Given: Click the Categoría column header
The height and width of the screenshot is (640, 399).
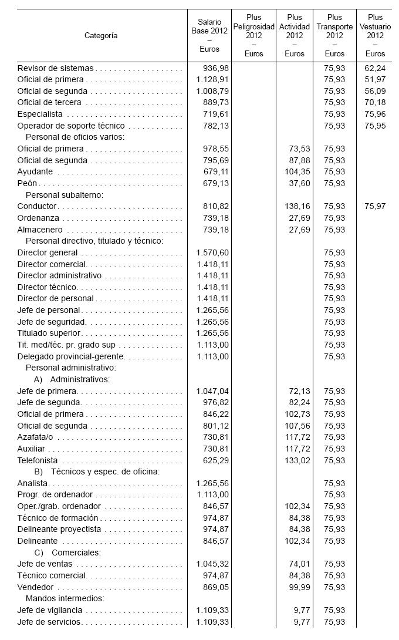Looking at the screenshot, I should pos(101,35).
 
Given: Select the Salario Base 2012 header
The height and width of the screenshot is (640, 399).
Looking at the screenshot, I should pos(209,35).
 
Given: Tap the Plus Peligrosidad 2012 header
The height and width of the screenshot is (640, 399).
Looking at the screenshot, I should pos(254,35).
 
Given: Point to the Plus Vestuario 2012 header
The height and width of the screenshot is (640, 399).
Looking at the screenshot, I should pos(375,35).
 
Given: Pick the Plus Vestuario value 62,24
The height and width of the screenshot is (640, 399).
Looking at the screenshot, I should pos(375,68).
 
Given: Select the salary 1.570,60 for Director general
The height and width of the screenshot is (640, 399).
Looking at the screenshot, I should pos(212,252).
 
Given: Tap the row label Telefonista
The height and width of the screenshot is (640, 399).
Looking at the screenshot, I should pos(37,460).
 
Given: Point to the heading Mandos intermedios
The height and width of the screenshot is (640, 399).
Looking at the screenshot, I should pos(65,598).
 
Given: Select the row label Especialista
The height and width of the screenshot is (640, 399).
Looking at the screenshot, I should pos(40,114).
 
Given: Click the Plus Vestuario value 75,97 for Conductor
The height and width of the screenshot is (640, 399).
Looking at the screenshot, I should pos(375,206).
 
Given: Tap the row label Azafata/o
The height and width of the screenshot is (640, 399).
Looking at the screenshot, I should pos(35,437).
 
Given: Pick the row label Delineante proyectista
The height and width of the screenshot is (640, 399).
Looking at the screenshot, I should pos(59,529).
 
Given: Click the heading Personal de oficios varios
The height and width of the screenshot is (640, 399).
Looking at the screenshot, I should pos(75,137).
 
